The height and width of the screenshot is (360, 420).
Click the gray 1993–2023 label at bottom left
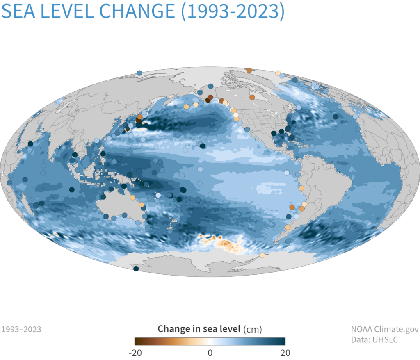(21, 329)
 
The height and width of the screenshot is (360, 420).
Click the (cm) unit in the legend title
(252, 329)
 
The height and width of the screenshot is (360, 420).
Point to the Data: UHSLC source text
(374, 339)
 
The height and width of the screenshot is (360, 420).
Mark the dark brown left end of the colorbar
(137, 341)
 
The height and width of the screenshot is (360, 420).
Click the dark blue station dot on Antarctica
(136, 269)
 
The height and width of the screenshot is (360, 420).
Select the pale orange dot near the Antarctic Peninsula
(262, 256)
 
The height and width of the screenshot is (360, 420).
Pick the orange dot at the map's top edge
(249, 70)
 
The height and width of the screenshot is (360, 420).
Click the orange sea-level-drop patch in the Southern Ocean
(224, 244)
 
